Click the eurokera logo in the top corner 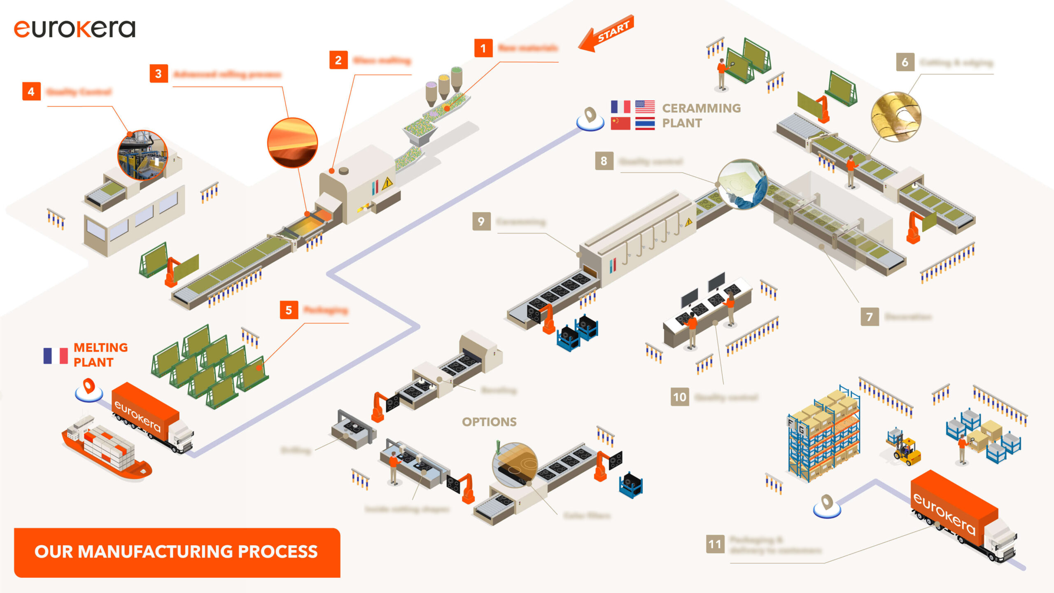pos(75,29)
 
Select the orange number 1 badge pos(483,49)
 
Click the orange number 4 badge pos(31,91)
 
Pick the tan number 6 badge pos(905,62)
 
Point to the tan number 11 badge pos(715,544)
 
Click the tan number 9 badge pos(481,222)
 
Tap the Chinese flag pos(620,123)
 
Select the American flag pos(645,107)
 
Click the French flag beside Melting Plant pos(56,355)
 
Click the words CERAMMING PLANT pos(701,116)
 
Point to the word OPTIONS pos(489,422)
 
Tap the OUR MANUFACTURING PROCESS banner pos(177,552)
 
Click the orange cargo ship pos(106,451)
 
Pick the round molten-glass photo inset pos(292,143)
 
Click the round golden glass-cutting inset pos(896,117)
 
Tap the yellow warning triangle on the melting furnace pos(387,183)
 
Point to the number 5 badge pos(289,310)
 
